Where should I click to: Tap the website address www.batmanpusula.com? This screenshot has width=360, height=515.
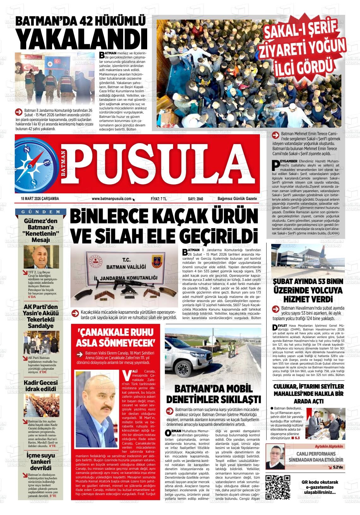coord(111,199)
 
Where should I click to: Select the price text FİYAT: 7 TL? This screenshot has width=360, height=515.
coord(159,199)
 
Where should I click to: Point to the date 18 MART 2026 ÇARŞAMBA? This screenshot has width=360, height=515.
coord(40,199)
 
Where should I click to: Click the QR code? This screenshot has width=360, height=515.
coord(278,487)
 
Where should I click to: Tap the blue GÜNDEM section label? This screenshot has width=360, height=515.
coord(41,211)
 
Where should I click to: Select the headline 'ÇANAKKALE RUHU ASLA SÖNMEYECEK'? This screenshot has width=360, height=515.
coord(116,337)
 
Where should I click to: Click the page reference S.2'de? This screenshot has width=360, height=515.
coord(338,467)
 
